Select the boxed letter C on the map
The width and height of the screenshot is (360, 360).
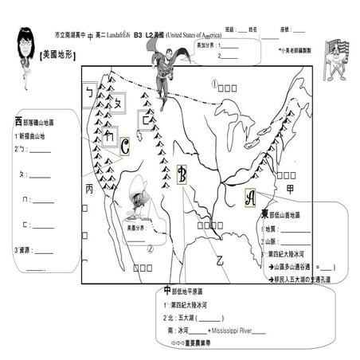click(x=125, y=146)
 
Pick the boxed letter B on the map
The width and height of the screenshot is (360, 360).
click(x=182, y=174)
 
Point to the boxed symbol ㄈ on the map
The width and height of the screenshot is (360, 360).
click(x=147, y=119)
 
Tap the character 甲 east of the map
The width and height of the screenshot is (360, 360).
click(x=290, y=189)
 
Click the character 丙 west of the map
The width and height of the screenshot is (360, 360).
click(x=88, y=189)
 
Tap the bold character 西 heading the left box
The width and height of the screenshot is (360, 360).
click(x=18, y=121)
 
